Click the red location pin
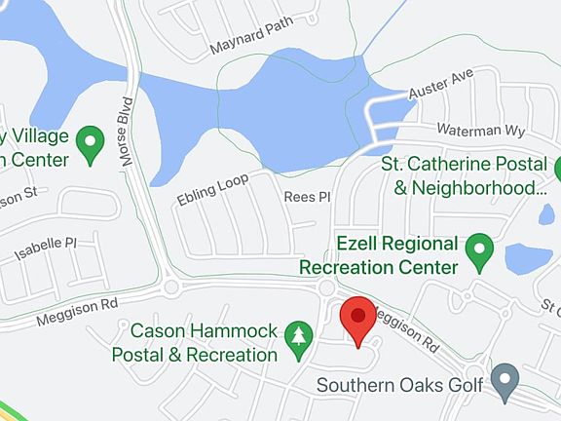[357, 319]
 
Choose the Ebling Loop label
[213, 188]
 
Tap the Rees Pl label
[307, 197]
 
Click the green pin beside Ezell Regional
[478, 251]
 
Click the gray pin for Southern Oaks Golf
[505, 382]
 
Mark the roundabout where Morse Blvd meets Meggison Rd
[171, 287]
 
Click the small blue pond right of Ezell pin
[528, 258]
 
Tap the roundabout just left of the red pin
[325, 288]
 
